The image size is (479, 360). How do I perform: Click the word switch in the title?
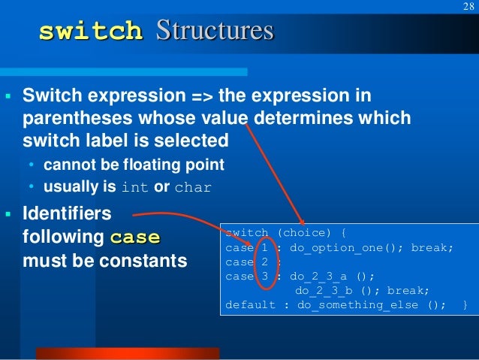[x=90, y=32]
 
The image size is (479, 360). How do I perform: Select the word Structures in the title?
[x=214, y=32]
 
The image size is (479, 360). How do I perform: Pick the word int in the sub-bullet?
[x=134, y=187]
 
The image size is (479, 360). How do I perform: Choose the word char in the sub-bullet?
[x=193, y=187]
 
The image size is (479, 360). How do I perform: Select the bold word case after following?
[x=134, y=239]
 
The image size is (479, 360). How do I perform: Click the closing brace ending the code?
[x=465, y=305]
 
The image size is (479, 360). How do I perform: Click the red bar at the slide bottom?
[x=128, y=353]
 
